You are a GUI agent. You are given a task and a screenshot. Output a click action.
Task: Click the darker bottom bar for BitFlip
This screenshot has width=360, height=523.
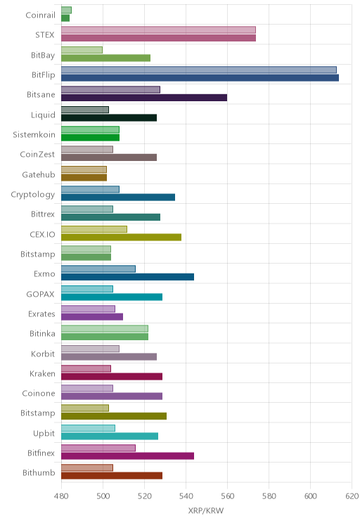[x=200, y=78]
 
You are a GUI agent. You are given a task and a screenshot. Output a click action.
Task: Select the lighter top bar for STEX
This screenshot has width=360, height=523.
[x=158, y=30]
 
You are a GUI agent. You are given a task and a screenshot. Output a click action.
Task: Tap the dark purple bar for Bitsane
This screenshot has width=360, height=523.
[x=144, y=98]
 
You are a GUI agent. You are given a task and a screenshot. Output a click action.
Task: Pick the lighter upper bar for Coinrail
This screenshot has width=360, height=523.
[x=66, y=10]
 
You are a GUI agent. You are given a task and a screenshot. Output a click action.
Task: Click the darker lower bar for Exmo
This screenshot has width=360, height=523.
[x=127, y=277]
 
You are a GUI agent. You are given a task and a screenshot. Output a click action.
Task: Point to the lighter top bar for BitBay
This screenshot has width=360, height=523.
[x=82, y=50]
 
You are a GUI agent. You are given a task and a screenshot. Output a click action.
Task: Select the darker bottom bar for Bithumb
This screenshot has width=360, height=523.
[x=112, y=476]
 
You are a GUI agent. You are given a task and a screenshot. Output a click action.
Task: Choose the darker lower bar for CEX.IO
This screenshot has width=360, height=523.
[x=121, y=237]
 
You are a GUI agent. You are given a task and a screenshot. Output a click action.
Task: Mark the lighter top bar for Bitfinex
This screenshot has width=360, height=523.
[x=98, y=448]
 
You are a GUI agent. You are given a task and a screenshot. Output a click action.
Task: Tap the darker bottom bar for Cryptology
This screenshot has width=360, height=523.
[x=118, y=197]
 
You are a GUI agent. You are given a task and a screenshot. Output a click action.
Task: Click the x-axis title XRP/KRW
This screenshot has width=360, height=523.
[x=206, y=510]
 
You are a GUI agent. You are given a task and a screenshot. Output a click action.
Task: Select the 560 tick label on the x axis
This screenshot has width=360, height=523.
[x=227, y=496]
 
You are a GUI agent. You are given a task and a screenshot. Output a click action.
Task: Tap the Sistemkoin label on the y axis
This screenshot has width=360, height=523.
[x=34, y=134]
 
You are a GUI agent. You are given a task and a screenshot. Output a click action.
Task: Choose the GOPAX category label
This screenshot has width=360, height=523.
[x=40, y=294]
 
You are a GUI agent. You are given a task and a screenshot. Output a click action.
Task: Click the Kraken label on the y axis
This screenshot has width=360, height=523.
[x=42, y=373]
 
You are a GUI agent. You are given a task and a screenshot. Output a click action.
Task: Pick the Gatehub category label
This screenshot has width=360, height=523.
[x=39, y=174]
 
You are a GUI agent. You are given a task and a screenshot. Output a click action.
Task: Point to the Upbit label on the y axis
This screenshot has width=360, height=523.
[x=44, y=433]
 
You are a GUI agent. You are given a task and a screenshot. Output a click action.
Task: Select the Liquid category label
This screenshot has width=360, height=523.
[x=43, y=115]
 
